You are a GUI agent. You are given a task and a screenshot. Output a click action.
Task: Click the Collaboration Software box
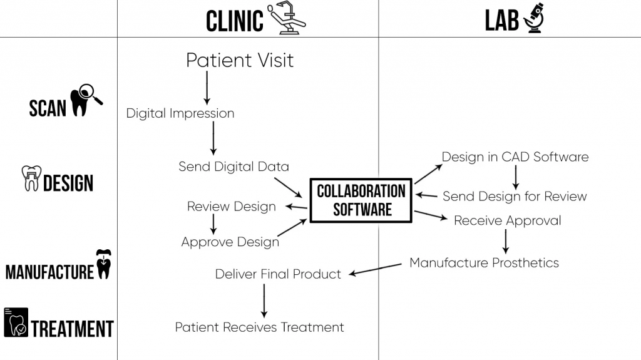(361, 200)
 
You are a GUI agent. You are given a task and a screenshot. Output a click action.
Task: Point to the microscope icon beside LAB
(533, 18)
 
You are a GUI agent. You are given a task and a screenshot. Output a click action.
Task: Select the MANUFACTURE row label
(49, 272)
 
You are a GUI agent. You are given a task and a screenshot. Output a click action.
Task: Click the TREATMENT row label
(72, 329)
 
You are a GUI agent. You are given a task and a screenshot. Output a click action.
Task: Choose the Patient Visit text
(240, 60)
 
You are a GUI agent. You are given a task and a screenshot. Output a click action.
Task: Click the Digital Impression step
(180, 113)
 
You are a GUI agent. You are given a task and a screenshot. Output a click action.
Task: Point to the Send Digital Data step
(233, 167)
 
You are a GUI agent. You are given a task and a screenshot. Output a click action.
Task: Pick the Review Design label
(231, 207)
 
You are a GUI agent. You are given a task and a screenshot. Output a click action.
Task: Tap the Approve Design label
(230, 242)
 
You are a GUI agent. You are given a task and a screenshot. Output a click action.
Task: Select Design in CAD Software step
(515, 157)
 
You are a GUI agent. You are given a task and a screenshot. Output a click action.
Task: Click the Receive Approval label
(507, 220)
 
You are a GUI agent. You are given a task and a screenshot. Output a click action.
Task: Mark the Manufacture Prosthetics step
(484, 263)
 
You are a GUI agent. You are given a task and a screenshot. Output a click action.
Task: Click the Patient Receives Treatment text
(259, 327)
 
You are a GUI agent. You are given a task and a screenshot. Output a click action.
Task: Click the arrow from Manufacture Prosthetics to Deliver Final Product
(375, 269)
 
